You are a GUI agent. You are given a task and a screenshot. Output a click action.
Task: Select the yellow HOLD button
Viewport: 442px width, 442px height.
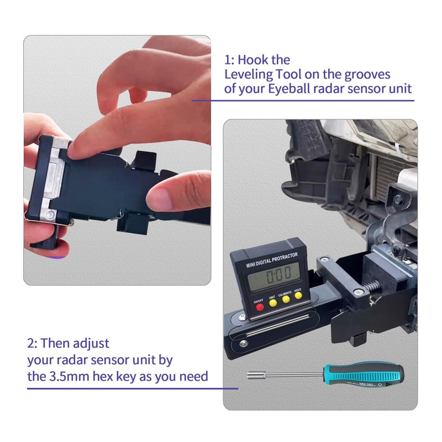299,295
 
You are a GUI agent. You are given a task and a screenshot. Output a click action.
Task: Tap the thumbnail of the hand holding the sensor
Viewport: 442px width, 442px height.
117,160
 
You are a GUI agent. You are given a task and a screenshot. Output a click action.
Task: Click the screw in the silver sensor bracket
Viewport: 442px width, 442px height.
50,213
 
